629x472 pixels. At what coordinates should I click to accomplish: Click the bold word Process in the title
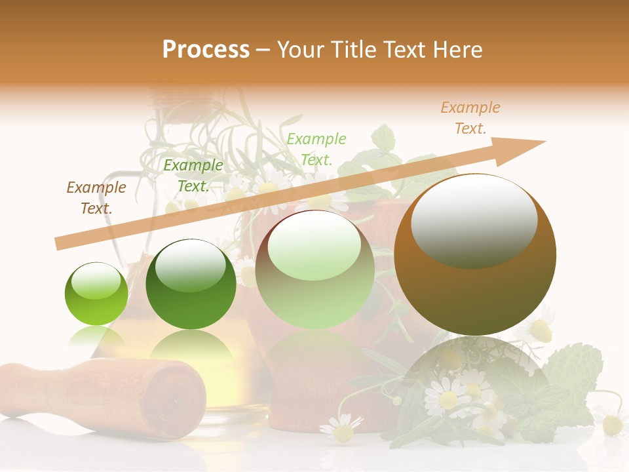click(206, 50)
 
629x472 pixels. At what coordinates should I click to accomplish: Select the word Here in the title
click(457, 50)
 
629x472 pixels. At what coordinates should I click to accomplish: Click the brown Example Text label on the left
click(96, 198)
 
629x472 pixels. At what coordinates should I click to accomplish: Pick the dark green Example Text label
click(193, 176)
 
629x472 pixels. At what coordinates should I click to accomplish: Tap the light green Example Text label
click(316, 149)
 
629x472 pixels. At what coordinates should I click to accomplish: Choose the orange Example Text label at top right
click(470, 118)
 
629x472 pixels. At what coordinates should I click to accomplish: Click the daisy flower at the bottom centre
click(341, 429)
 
